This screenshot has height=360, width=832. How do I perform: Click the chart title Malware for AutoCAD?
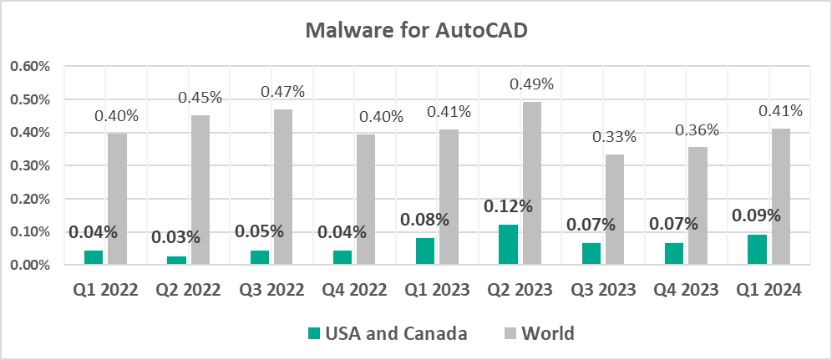(x=416, y=31)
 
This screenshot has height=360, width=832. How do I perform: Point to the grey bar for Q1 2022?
(x=117, y=199)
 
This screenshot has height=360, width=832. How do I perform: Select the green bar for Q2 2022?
(x=177, y=261)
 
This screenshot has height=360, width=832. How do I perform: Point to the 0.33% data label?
(x=615, y=136)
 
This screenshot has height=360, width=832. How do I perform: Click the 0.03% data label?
(x=175, y=237)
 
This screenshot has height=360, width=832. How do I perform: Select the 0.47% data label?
(x=283, y=91)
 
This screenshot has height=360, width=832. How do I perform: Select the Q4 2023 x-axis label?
(x=684, y=291)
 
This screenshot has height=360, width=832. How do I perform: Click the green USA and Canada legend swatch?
(x=314, y=334)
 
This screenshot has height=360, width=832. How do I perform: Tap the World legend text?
(x=548, y=334)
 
